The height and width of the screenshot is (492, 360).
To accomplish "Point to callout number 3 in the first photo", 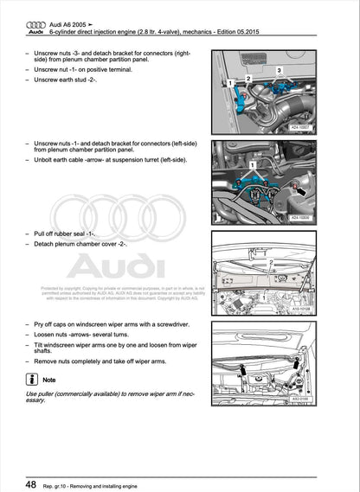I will tap(279, 69).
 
